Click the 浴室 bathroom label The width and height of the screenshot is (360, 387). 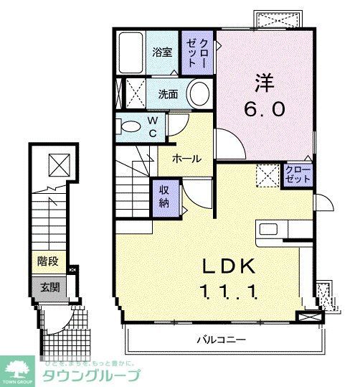coord(161,52)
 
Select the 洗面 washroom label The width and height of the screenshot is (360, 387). coord(168,93)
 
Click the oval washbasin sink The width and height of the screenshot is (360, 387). coord(199,93)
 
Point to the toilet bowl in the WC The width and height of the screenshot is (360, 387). coord(131,126)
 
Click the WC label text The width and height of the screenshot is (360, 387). coord(153,126)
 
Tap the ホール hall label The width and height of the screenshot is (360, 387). coord(186,159)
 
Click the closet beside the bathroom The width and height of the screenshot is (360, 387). coord(198,52)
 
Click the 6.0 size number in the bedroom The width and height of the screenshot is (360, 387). coord(266,109)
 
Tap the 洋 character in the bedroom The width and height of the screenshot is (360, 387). coord(266,80)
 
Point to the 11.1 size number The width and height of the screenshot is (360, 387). coord(229,292)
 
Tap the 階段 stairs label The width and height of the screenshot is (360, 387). coord(48,262)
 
